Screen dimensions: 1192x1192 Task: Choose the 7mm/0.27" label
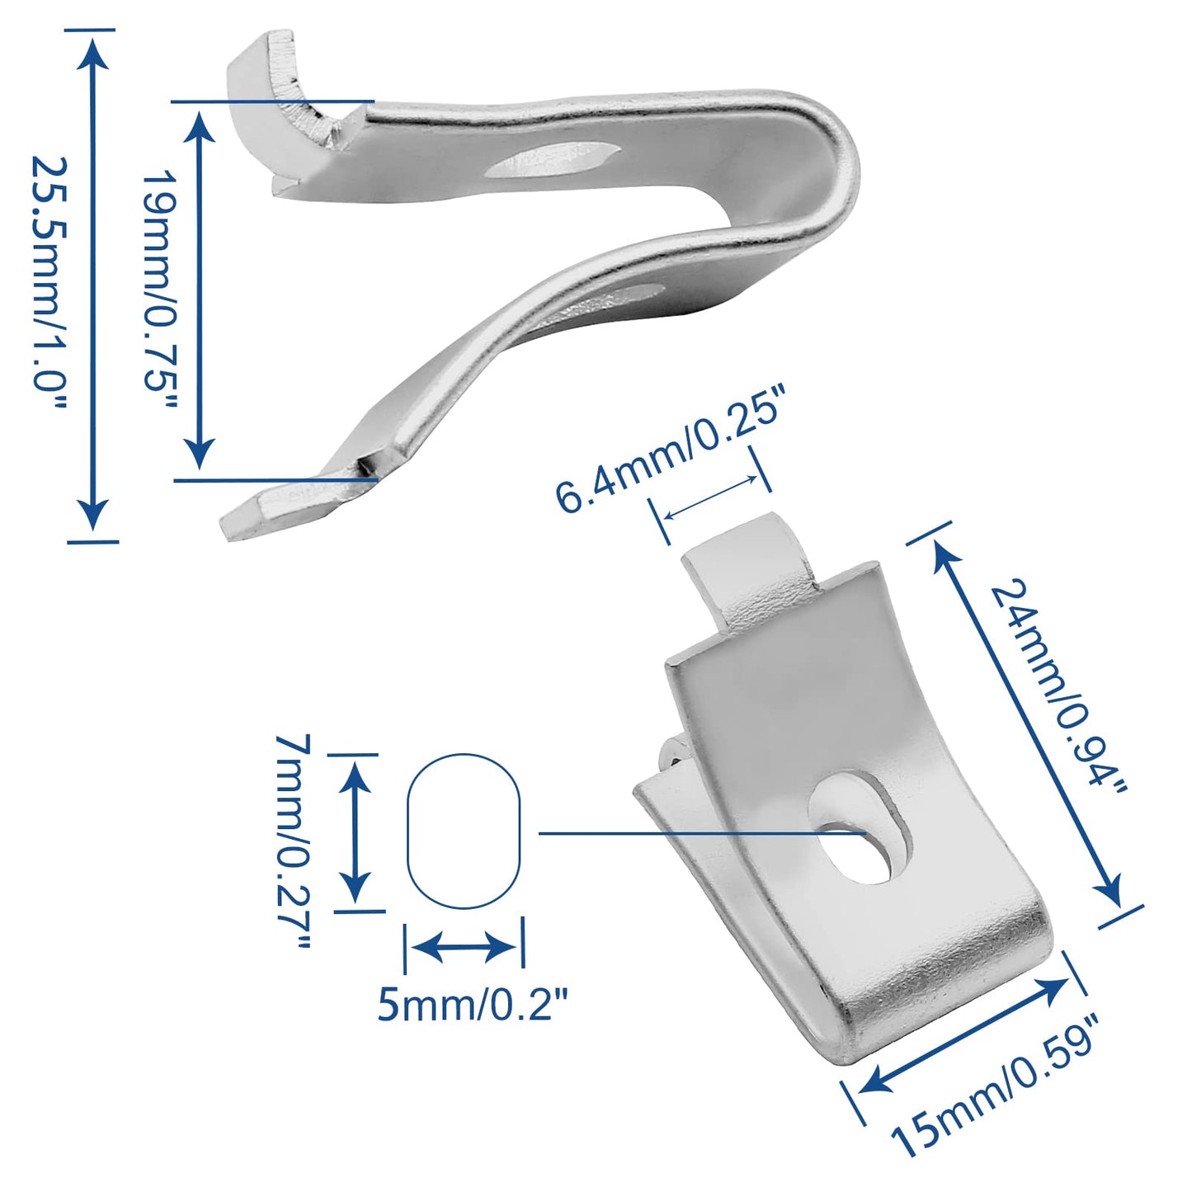pyautogui.click(x=294, y=841)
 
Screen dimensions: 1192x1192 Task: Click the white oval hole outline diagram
pyautogui.click(x=464, y=832)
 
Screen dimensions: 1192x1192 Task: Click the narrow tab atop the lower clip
pyautogui.click(x=747, y=577)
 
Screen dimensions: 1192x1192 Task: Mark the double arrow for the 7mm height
pyautogui.click(x=355, y=832)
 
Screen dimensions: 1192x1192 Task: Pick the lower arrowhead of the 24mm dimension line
pyautogui.click(x=1110, y=893)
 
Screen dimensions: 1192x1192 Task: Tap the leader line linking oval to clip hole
pyautogui.click(x=685, y=833)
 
